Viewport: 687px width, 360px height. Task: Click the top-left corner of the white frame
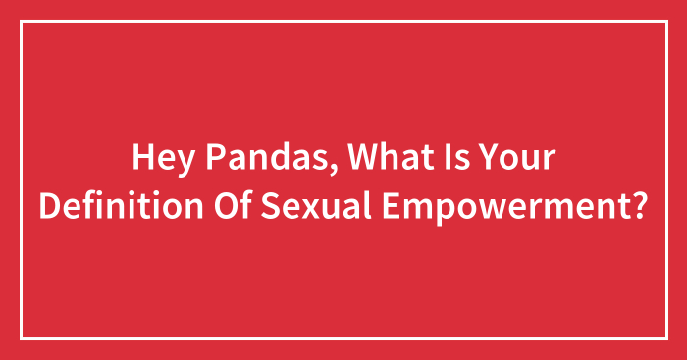tap(22, 21)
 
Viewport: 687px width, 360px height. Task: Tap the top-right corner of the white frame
tap(665, 21)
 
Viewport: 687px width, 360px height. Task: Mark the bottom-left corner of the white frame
tap(22, 338)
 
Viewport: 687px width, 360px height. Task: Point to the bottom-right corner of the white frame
tap(665, 338)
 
